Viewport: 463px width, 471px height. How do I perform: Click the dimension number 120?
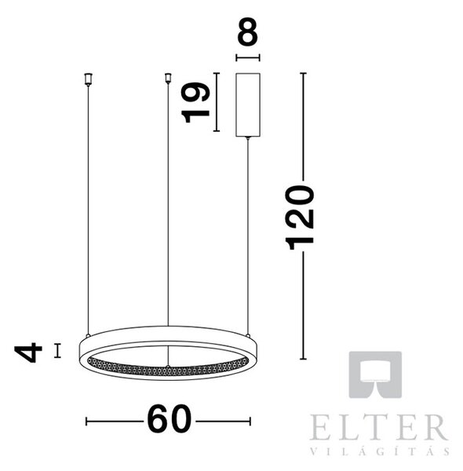click(301, 217)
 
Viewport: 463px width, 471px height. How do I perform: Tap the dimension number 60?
click(169, 419)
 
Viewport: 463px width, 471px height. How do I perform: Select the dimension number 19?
click(195, 102)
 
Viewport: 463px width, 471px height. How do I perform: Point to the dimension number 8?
click(248, 31)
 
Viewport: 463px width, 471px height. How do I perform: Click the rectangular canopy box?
click(248, 105)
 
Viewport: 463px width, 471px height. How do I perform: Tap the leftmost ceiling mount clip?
click(88, 79)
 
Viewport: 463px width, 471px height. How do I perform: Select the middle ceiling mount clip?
click(168, 78)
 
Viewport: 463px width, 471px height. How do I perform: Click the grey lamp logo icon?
click(375, 374)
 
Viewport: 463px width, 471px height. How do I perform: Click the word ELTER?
click(379, 427)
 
